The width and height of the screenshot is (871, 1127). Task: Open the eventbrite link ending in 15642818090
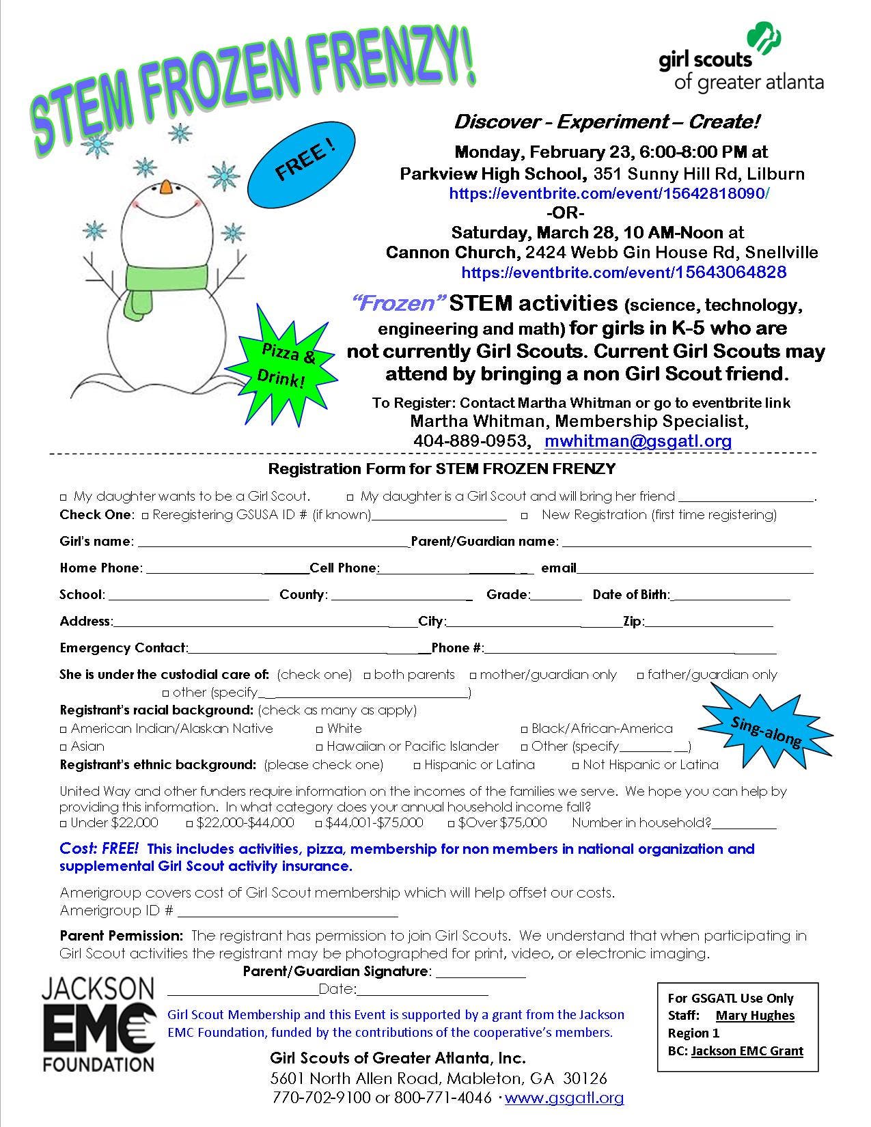point(609,193)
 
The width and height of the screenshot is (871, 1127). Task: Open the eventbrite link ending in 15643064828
point(624,273)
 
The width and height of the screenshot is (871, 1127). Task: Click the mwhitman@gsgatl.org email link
point(638,441)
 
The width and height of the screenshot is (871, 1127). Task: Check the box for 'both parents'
point(368,676)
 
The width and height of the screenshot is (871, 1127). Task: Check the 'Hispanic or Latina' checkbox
point(417,765)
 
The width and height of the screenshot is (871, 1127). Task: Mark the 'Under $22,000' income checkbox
point(64,823)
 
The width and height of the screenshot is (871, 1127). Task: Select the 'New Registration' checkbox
point(524,515)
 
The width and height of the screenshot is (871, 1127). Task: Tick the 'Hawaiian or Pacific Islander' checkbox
point(320,747)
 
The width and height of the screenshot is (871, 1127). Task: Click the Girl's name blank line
point(273,544)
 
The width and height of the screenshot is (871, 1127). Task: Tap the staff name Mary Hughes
point(755,1016)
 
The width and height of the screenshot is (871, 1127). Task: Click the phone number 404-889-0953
point(471,441)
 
